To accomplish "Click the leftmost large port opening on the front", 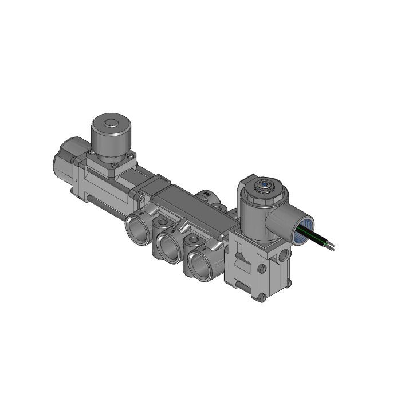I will (136, 228).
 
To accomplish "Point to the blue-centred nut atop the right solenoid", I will (264, 185).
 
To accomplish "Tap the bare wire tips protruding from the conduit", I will (331, 247).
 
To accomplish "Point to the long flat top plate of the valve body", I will (189, 200).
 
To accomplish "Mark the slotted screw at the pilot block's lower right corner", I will (284, 281).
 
